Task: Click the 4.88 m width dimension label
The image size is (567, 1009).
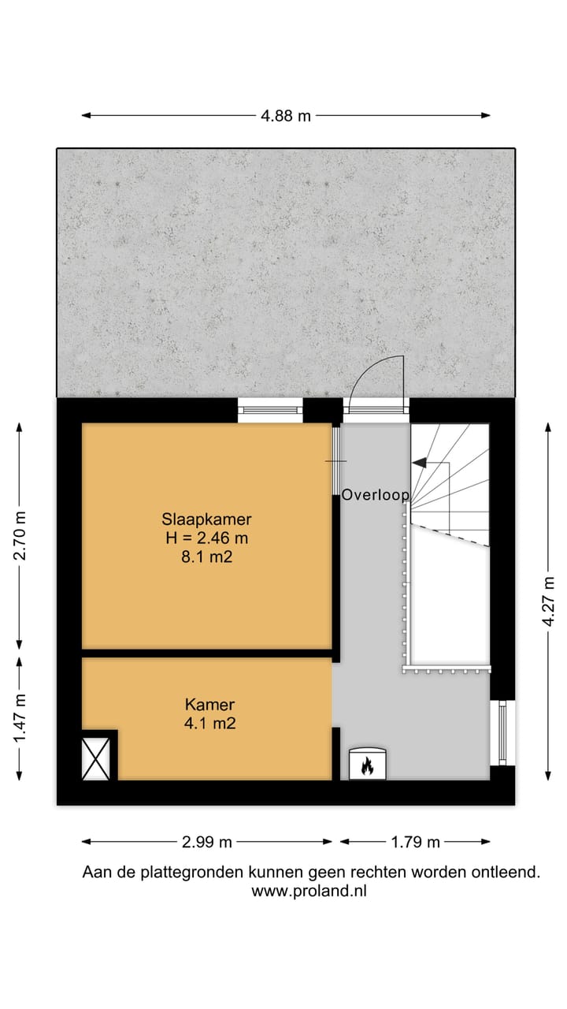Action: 286,116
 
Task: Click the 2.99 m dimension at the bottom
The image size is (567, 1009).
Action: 206,842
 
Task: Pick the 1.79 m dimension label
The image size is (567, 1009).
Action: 415,842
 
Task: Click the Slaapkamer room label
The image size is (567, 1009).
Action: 206,519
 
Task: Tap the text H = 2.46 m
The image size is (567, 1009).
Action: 206,538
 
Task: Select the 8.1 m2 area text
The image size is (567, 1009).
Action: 206,557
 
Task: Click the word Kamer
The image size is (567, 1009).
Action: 209,705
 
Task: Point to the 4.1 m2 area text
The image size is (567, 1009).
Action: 209,723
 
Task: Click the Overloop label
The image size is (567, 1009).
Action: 375,496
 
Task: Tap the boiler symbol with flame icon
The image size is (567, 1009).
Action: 366,764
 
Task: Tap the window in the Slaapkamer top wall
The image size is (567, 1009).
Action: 270,409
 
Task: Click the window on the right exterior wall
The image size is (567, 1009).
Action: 501,732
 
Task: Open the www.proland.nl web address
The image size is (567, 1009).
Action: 309,892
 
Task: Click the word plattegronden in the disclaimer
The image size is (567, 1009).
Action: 190,873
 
